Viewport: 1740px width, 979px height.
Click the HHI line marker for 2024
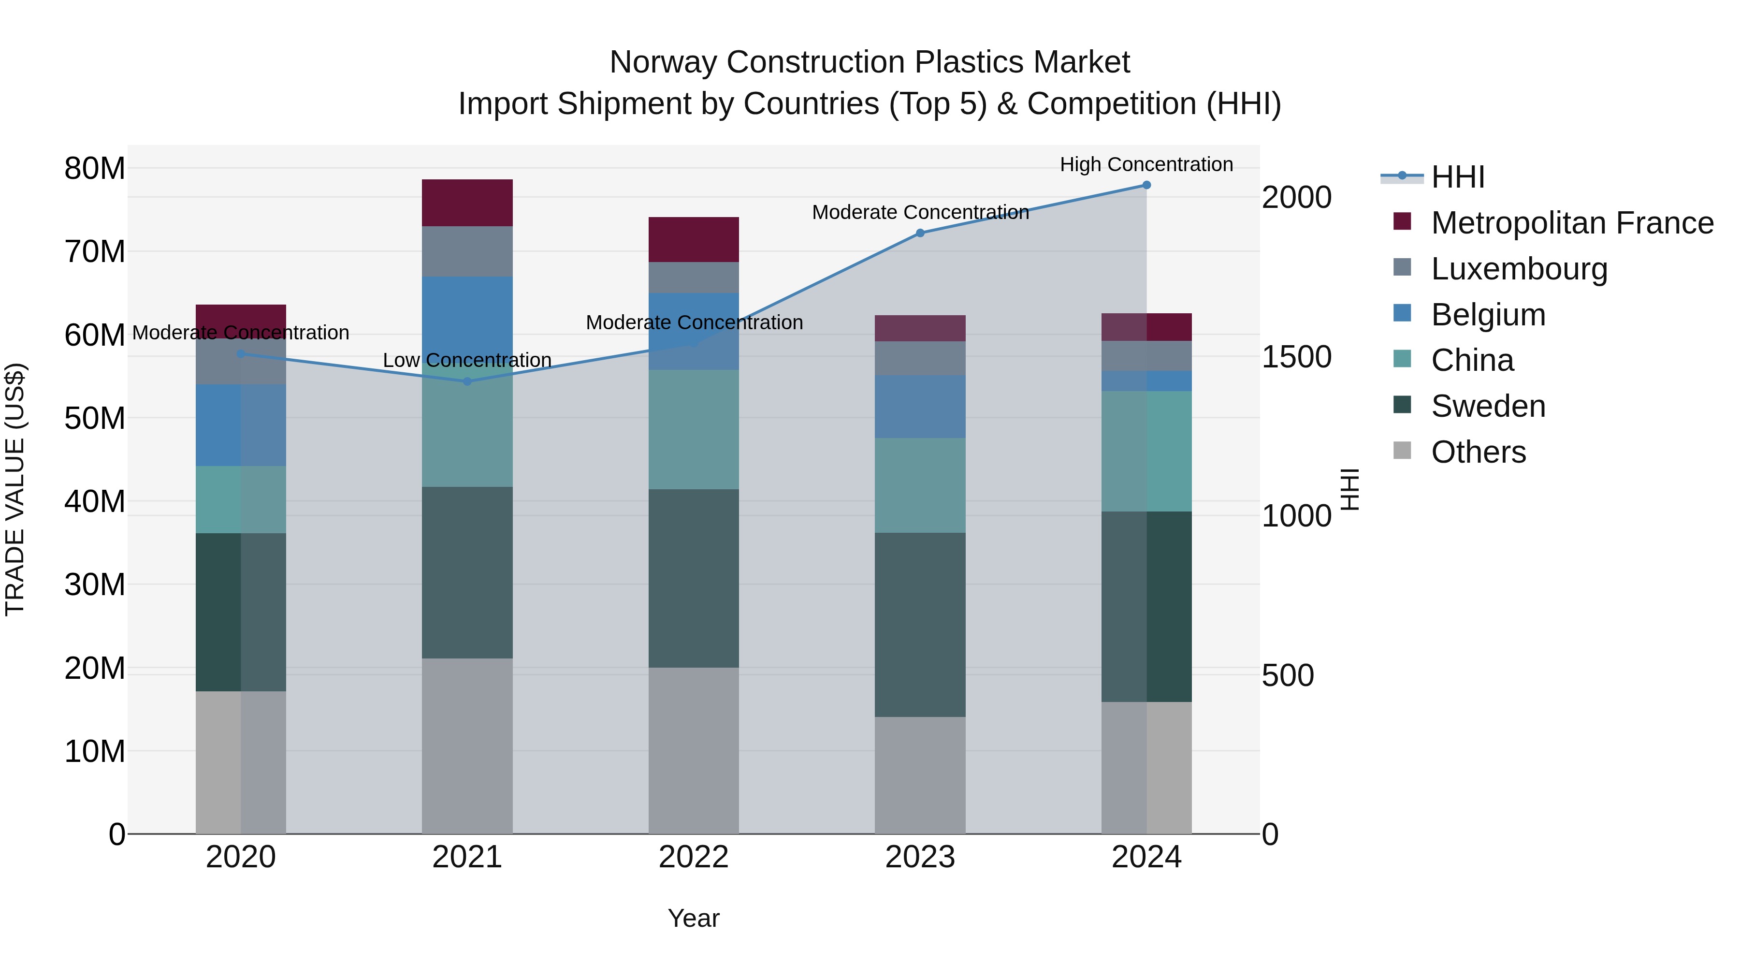point(1146,185)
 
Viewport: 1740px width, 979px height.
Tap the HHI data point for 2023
point(920,233)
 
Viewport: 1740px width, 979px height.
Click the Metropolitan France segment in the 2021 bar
point(467,203)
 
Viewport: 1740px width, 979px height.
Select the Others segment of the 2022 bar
point(694,750)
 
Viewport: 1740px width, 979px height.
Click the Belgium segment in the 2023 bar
point(920,407)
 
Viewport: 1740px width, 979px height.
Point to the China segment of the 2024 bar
point(1146,452)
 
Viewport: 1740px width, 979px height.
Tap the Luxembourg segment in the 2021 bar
point(467,251)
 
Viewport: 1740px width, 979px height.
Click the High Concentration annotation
point(1146,164)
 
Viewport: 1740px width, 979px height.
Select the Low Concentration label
point(467,360)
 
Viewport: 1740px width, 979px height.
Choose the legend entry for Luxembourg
point(1519,269)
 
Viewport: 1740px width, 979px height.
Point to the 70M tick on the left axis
point(95,251)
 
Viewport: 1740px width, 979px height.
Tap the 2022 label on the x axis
point(694,857)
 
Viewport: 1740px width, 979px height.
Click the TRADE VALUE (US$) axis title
point(15,489)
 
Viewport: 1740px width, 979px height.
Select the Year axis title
point(694,918)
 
